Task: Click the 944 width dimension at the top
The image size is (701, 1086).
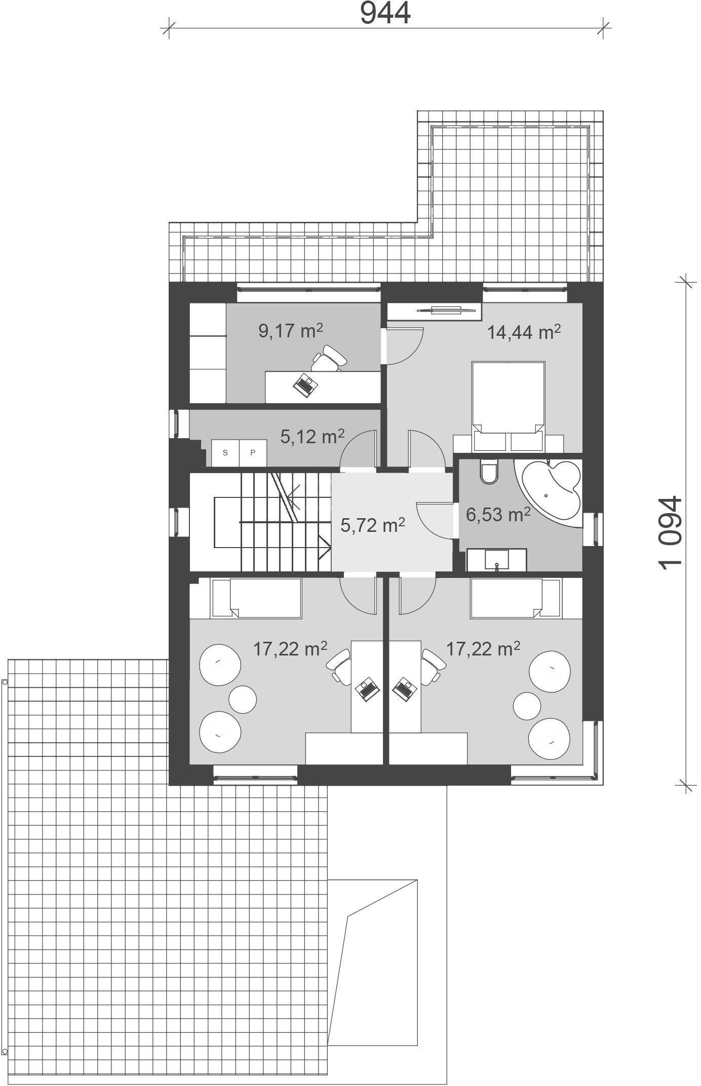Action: (x=385, y=13)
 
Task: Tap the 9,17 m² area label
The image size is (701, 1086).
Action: (x=290, y=331)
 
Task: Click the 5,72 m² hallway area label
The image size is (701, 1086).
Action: (x=373, y=525)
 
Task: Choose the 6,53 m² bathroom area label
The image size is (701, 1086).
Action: (x=498, y=514)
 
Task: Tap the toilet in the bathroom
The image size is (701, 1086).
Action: (x=489, y=472)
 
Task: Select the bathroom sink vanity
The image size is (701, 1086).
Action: (x=496, y=560)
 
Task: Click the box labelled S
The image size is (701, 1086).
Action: (x=225, y=453)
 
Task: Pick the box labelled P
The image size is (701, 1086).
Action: (x=252, y=453)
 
